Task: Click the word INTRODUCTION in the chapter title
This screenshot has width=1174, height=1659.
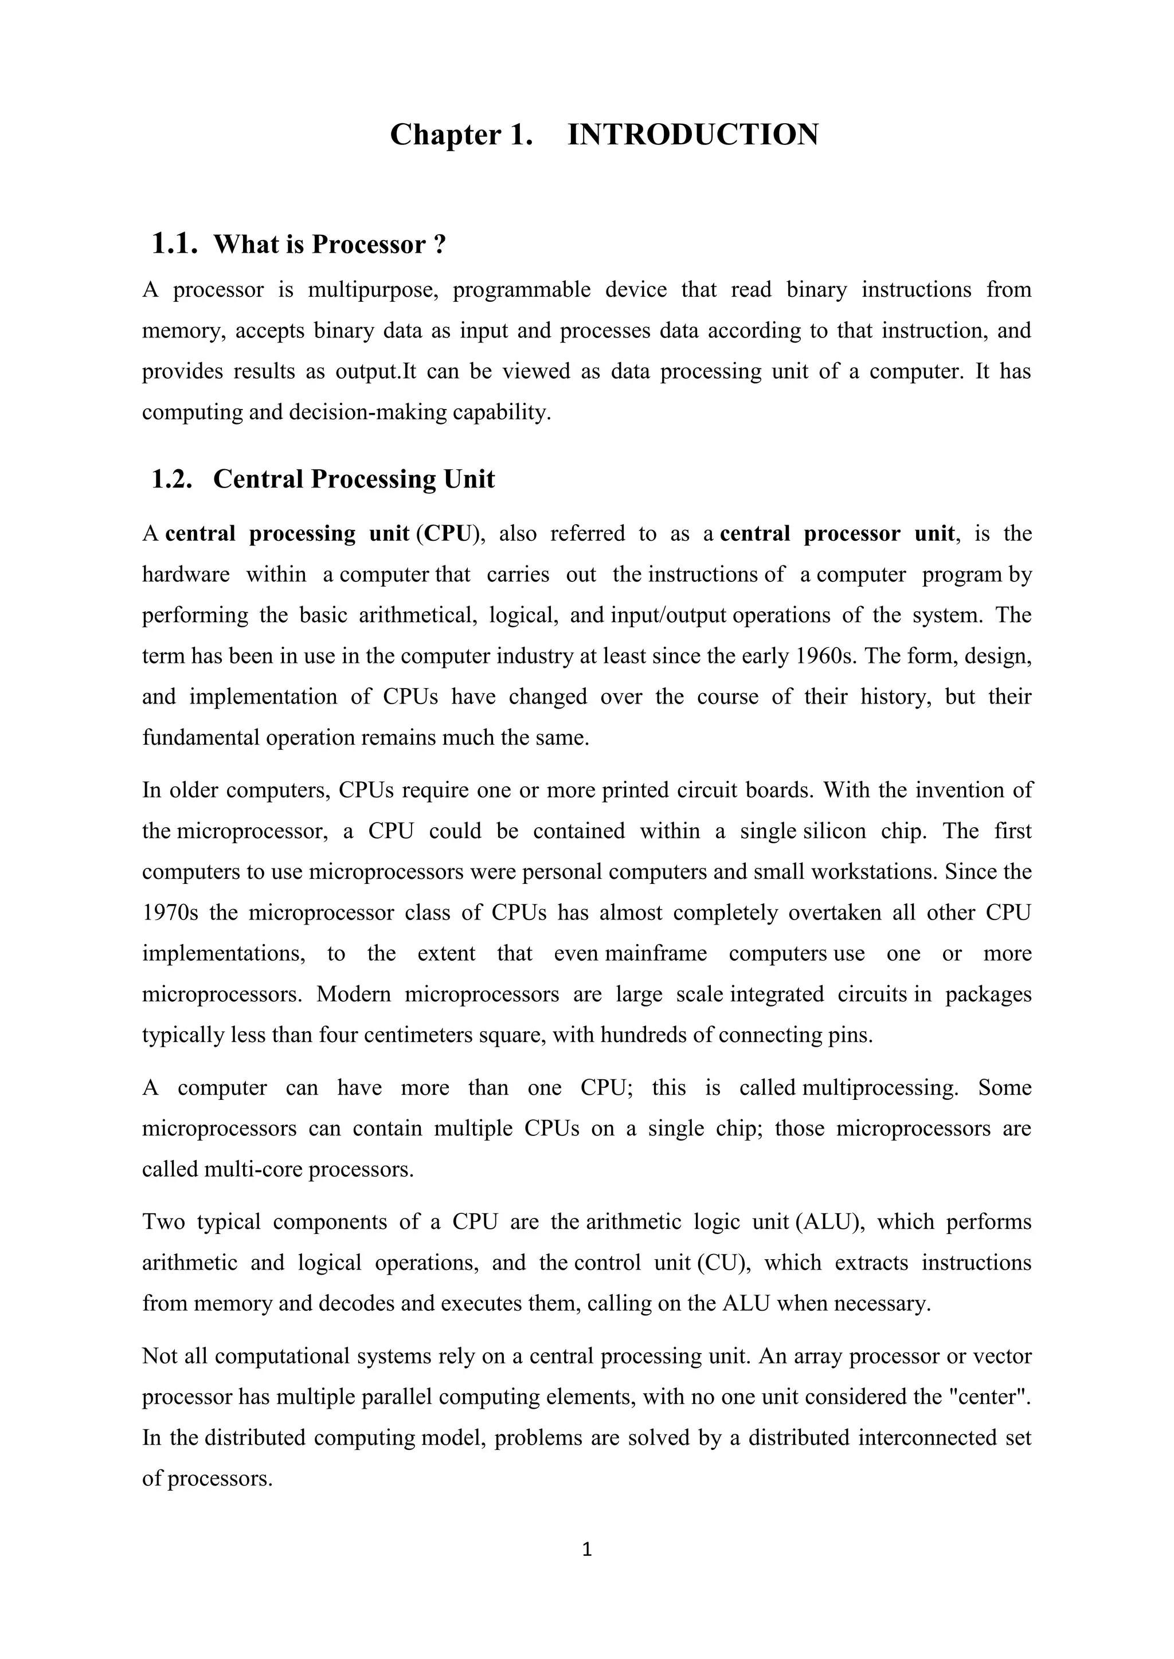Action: (x=692, y=135)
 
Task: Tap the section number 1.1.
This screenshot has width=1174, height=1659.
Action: (x=174, y=244)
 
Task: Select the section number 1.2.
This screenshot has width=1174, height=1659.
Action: (x=172, y=479)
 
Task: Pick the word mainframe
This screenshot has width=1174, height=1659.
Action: (x=656, y=954)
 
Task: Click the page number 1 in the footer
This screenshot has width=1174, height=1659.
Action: (x=587, y=1548)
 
